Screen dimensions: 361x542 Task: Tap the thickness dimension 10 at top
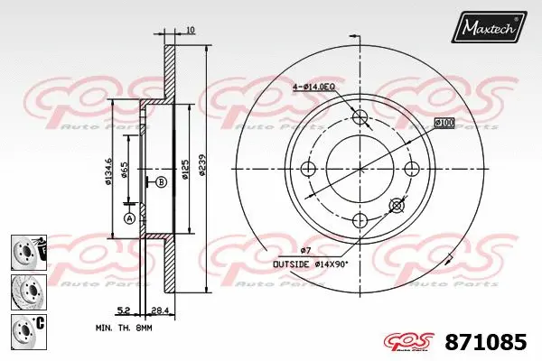189,32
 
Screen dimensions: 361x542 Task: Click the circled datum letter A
128,218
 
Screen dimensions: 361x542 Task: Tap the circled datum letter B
161,181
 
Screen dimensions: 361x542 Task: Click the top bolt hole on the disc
360,117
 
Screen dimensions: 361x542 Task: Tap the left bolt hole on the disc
308,169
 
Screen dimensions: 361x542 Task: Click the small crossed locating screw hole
396,206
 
